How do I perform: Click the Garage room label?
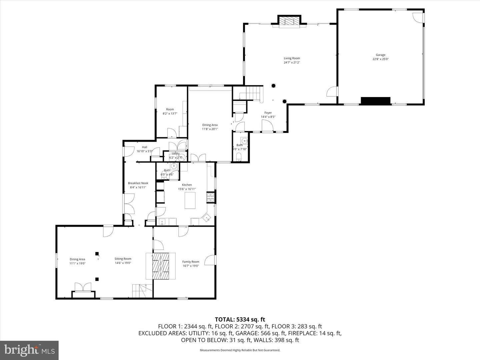pyautogui.click(x=380, y=55)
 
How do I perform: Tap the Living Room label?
pyautogui.click(x=292, y=58)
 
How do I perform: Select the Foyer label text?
pyautogui.click(x=268, y=113)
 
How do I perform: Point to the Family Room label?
pyautogui.click(x=191, y=262)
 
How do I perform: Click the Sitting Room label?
pyautogui.click(x=123, y=259)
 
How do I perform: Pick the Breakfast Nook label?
pyautogui.click(x=138, y=183)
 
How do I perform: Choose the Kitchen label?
pyautogui.click(x=187, y=185)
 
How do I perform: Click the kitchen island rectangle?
pyautogui.click(x=190, y=201)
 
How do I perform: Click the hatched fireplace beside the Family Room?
pyautogui.click(x=161, y=266)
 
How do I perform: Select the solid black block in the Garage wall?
pyautogui.click(x=375, y=101)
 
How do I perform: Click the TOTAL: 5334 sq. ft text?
pyautogui.click(x=240, y=320)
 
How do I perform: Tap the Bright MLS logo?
pyautogui.click(x=29, y=350)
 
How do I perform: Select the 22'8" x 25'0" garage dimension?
pyautogui.click(x=380, y=59)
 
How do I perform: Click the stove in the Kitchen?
pyautogui.click(x=210, y=198)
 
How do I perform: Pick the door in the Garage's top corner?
pyautogui.click(x=418, y=18)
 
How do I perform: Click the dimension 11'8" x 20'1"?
pyautogui.click(x=210, y=129)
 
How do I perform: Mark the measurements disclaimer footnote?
pyautogui.click(x=240, y=350)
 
